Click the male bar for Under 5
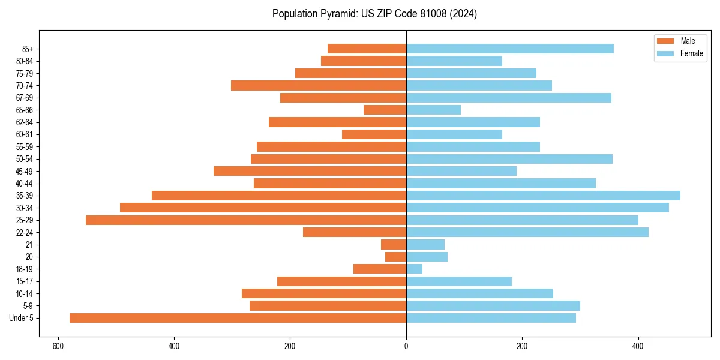click(238, 318)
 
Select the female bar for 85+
click(510, 49)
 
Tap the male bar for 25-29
click(246, 220)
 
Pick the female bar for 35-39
click(543, 196)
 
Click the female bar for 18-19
click(414, 269)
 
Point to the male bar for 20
click(395, 257)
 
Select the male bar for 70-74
click(319, 85)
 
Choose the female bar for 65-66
click(433, 110)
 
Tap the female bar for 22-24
click(527, 232)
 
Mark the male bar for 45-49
click(310, 171)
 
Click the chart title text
click(374, 14)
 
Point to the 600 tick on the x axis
click(58, 346)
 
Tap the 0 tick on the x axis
click(406, 346)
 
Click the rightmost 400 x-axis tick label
click(638, 346)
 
